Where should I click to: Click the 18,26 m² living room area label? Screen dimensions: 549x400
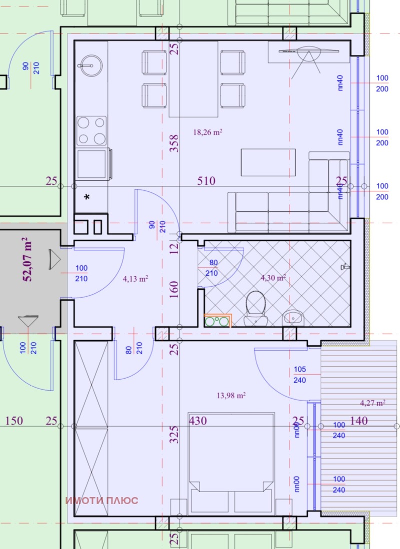pyautogui.click(x=207, y=132)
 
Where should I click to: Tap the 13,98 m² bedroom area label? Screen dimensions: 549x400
pyautogui.click(x=231, y=396)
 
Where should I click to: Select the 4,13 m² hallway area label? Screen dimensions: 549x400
pyautogui.click(x=135, y=279)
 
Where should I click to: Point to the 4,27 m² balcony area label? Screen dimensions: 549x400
pyautogui.click(x=372, y=403)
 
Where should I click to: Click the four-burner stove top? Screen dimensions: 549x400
pyautogui.click(x=91, y=130)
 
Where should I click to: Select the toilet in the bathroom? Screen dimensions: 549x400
pyautogui.click(x=256, y=305)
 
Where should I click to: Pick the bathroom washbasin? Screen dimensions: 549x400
pyautogui.click(x=292, y=317)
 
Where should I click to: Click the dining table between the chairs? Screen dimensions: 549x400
pyautogui.click(x=193, y=78)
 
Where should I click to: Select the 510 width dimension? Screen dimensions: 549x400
pyautogui.click(x=206, y=181)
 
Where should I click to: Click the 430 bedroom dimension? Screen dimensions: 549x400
pyautogui.click(x=198, y=421)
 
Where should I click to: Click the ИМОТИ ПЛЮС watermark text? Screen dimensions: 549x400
pyautogui.click(x=102, y=500)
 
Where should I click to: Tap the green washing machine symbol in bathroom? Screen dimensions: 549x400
pyautogui.click(x=218, y=320)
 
